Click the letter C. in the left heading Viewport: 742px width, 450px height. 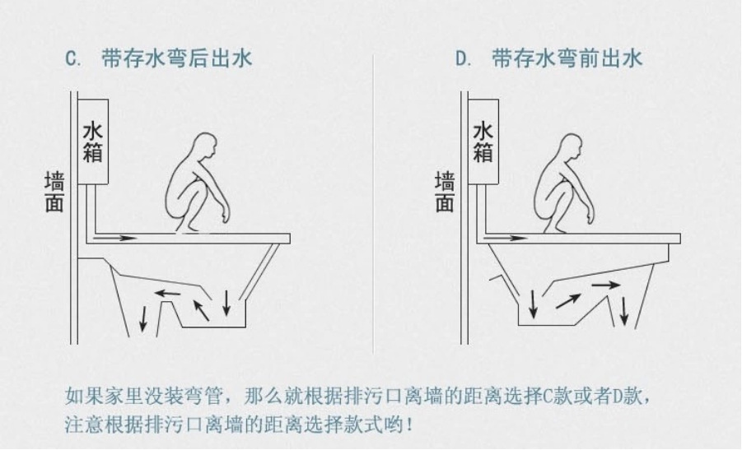[72, 59]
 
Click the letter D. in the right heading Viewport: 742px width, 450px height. [464, 59]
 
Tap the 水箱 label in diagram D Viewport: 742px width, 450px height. [483, 141]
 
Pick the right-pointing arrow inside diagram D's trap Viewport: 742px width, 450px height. [606, 285]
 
